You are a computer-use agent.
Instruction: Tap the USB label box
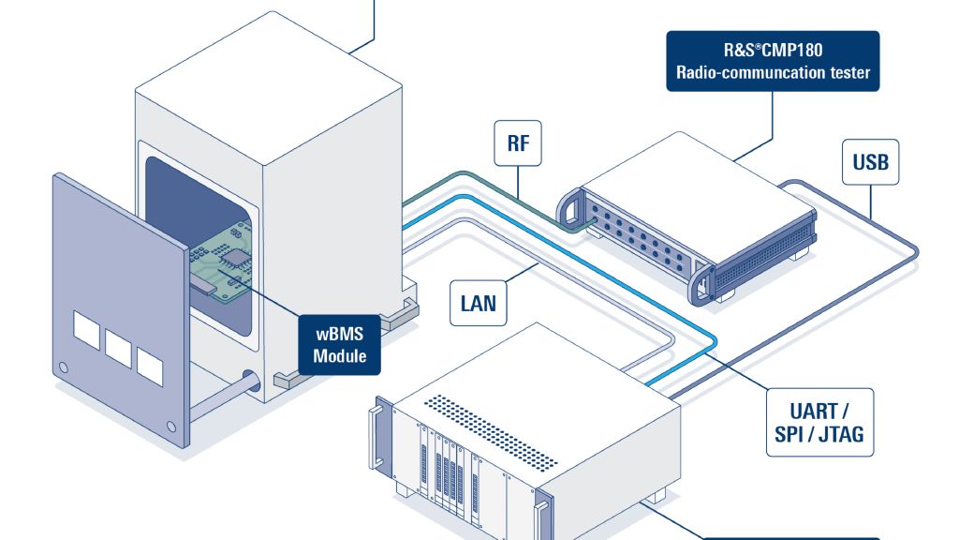tap(870, 162)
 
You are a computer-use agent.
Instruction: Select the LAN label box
tap(478, 303)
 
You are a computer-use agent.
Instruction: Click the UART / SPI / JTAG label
tap(819, 422)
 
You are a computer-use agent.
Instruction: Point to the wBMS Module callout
tap(340, 343)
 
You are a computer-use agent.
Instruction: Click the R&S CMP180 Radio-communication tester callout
tap(773, 61)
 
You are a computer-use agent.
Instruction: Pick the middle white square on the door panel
tap(118, 348)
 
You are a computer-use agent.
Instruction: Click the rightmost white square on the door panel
tap(149, 364)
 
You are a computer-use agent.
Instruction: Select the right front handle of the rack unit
tap(540, 521)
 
